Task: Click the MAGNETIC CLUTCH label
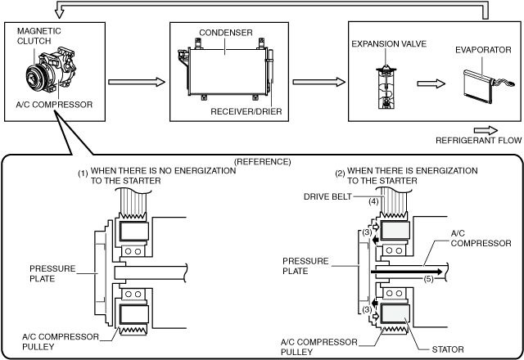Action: tap(39, 36)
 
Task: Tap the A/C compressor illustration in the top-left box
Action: tap(51, 70)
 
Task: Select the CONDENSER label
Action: tap(226, 33)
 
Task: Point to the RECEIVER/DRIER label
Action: tap(246, 111)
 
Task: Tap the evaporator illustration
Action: tap(486, 86)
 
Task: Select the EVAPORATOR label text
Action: tap(483, 50)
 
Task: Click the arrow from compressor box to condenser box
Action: tap(137, 82)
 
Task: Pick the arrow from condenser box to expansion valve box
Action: tap(318, 82)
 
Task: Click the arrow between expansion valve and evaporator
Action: tap(431, 83)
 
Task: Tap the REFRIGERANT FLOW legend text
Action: tap(478, 141)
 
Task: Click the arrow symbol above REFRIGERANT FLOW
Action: tap(486, 131)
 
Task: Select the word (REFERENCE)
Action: tap(263, 162)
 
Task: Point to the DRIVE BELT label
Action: tap(327, 196)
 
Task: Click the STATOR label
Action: tap(448, 349)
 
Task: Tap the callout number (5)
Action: tap(429, 278)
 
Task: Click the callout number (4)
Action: tap(373, 202)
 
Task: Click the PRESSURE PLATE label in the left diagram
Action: tap(52, 273)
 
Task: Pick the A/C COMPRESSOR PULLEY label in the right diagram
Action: tap(319, 347)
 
